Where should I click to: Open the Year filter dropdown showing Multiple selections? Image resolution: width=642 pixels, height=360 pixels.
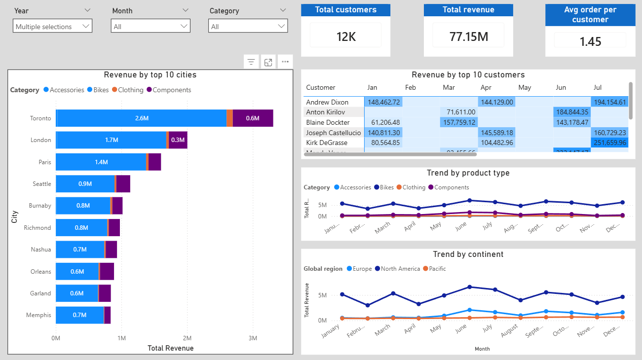pyautogui.click(x=52, y=27)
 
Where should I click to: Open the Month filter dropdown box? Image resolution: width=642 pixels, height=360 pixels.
pyautogui.click(x=150, y=27)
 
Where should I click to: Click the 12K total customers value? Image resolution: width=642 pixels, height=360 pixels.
pyautogui.click(x=345, y=36)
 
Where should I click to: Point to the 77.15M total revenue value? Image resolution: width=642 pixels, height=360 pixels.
pyautogui.click(x=468, y=36)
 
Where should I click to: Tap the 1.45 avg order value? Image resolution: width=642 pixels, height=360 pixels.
pyautogui.click(x=590, y=41)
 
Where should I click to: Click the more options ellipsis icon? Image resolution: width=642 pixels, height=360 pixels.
pyautogui.click(x=285, y=62)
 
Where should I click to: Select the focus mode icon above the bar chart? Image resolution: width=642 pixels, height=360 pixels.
pyautogui.click(x=268, y=62)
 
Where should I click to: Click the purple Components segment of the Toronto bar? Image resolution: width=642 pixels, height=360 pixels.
pyautogui.click(x=253, y=118)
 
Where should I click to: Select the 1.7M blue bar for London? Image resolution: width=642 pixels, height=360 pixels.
pyautogui.click(x=112, y=140)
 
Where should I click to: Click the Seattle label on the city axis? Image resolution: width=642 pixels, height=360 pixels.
pyautogui.click(x=42, y=184)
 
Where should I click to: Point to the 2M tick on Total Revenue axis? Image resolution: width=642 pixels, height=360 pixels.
pyautogui.click(x=187, y=338)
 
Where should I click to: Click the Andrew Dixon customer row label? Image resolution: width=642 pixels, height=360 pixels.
pyautogui.click(x=327, y=103)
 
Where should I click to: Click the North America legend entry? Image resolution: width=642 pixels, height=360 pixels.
pyautogui.click(x=397, y=269)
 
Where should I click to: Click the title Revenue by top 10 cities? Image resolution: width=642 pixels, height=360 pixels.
pyautogui.click(x=150, y=75)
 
